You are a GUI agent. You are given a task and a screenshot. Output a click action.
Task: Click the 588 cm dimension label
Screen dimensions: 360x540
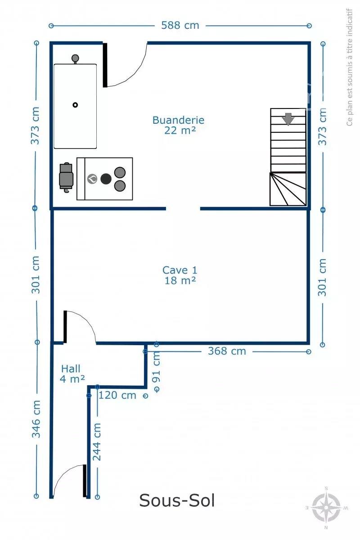[x=180, y=25]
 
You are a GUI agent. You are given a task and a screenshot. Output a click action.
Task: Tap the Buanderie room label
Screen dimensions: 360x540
[x=179, y=120]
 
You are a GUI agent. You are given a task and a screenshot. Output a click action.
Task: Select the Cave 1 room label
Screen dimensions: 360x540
[x=180, y=270]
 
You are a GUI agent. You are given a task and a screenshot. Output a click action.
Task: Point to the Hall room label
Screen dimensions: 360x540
[x=71, y=369]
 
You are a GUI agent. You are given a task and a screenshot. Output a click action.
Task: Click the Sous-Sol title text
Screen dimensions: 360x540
[x=177, y=500]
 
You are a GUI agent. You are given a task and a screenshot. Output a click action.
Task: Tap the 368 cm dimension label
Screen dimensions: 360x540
[x=227, y=351]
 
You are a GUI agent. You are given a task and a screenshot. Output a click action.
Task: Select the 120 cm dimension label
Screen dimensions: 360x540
[x=117, y=396]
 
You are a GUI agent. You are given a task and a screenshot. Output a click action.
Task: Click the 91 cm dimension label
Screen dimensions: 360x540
[x=156, y=367]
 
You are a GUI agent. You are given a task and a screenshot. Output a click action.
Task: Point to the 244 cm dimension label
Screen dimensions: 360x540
[x=97, y=441]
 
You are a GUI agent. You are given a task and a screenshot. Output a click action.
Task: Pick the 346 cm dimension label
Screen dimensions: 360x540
[x=36, y=419]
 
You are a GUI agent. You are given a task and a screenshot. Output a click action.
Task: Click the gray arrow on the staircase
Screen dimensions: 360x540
[x=288, y=119]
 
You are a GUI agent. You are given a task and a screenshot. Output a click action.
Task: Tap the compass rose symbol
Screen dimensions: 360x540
[x=326, y=508]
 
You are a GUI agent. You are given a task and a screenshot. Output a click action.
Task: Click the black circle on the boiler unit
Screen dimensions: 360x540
[x=106, y=179]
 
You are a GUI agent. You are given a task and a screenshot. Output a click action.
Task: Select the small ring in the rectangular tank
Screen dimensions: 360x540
[x=75, y=105]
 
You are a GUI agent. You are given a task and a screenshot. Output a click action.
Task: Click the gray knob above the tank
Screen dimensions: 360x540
[x=75, y=58]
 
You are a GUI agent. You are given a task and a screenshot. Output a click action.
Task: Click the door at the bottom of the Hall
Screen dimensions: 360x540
[x=85, y=481]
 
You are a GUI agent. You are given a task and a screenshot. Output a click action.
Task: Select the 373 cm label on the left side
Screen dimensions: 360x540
[x=35, y=126]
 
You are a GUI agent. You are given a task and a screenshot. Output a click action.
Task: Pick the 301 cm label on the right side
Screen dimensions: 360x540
[x=322, y=277]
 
